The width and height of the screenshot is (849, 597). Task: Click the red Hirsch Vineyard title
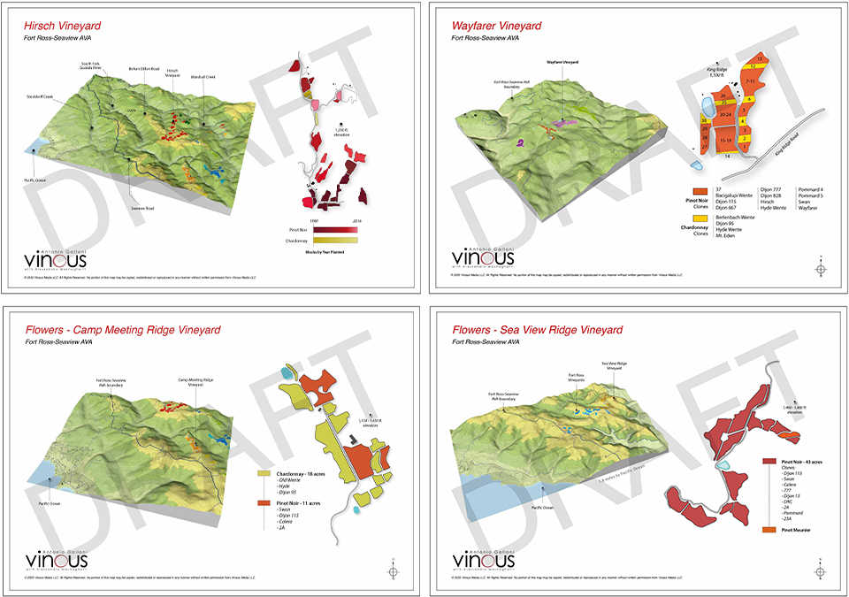click(61, 26)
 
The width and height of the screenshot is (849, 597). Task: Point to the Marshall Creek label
click(203, 77)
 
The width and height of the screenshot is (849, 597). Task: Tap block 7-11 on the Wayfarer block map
click(751, 82)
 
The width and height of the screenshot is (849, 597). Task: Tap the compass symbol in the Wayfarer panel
click(821, 268)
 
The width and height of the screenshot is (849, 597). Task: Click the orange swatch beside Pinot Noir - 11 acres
click(263, 501)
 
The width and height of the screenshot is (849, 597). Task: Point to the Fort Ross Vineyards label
click(577, 377)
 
